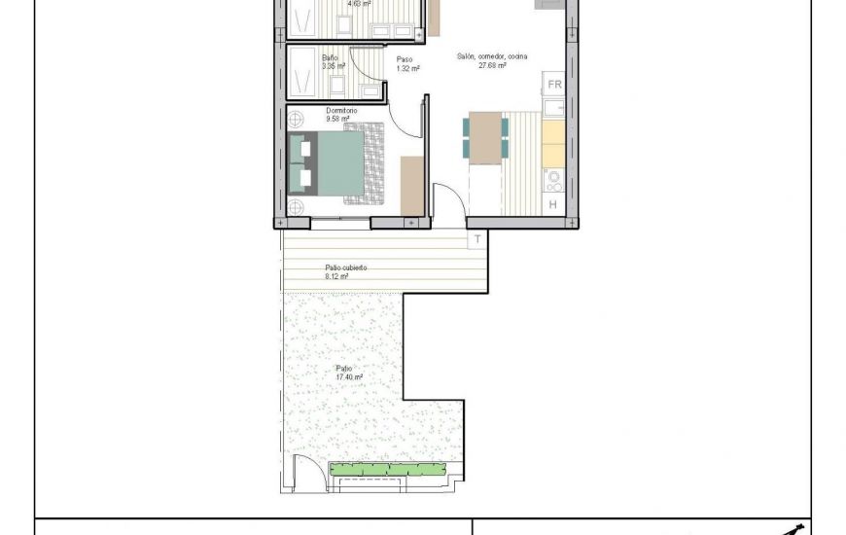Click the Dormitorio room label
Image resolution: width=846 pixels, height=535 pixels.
tap(342, 111)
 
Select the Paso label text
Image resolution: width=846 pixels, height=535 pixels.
tap(404, 59)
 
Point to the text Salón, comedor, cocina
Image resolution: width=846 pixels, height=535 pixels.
tap(492, 56)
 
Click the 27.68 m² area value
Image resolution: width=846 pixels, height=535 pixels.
tap(492, 66)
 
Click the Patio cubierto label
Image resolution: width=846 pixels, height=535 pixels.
tap(345, 267)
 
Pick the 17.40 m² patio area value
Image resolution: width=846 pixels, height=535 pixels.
tap(349, 377)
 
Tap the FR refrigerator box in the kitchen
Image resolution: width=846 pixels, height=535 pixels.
tap(553, 85)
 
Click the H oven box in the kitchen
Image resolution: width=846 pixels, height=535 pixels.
tap(553, 203)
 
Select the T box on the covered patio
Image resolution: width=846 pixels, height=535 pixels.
tap(477, 238)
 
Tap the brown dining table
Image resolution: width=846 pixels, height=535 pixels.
tap(485, 137)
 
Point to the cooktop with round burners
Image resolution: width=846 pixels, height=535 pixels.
tap(553, 179)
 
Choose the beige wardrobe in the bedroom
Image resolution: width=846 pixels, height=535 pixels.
tap(412, 185)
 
